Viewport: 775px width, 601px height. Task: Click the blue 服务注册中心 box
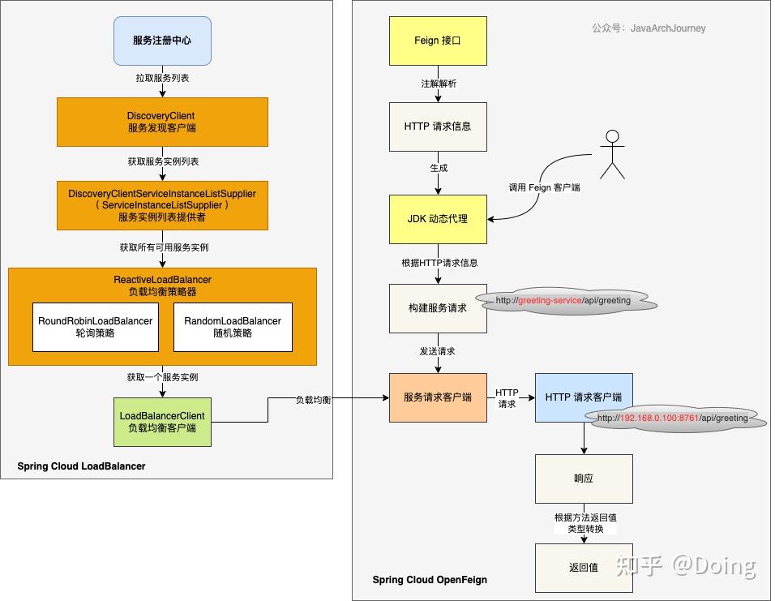pyautogui.click(x=162, y=41)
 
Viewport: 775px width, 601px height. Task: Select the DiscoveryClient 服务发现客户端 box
pyautogui.click(x=162, y=122)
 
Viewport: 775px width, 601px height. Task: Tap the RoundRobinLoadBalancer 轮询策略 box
pyautogui.click(x=96, y=327)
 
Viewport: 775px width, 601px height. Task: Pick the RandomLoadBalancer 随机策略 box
pyautogui.click(x=233, y=327)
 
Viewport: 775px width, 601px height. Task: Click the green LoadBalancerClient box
pyautogui.click(x=162, y=422)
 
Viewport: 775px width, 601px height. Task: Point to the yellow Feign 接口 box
pyautogui.click(x=438, y=41)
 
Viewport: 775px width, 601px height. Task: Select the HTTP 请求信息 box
pyautogui.click(x=438, y=127)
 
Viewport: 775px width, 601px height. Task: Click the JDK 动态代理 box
pyautogui.click(x=438, y=219)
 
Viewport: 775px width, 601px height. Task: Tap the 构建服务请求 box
pyautogui.click(x=438, y=308)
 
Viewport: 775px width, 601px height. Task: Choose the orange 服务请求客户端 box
pyautogui.click(x=438, y=397)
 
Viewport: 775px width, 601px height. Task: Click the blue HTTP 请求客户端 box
pyautogui.click(x=584, y=397)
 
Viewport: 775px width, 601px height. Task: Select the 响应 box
pyautogui.click(x=584, y=479)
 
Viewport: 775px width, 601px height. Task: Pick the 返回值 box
pyautogui.click(x=584, y=568)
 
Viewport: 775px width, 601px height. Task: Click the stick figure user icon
pyautogui.click(x=612, y=154)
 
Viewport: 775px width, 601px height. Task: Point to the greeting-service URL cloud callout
pyautogui.click(x=566, y=300)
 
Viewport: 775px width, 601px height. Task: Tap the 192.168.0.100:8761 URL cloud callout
pyautogui.click(x=674, y=419)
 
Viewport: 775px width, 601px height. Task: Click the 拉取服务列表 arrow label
pyautogui.click(x=162, y=78)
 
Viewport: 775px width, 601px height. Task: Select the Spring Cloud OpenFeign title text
pyautogui.click(x=430, y=580)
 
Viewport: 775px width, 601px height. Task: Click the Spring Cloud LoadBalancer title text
pyautogui.click(x=81, y=466)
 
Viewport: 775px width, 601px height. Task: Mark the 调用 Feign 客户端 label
pyautogui.click(x=544, y=187)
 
